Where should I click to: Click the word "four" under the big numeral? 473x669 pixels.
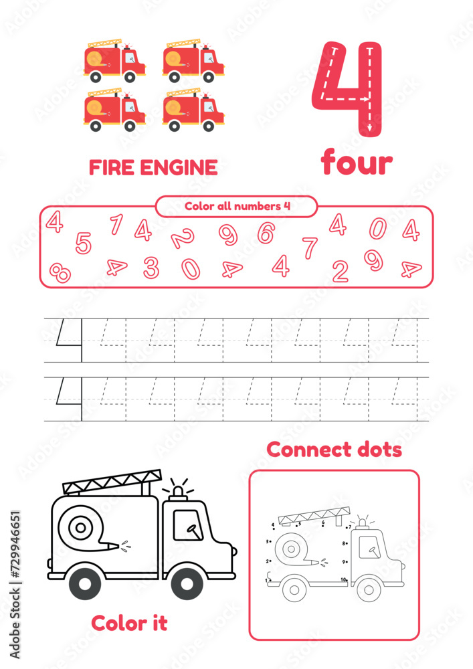coord(356,163)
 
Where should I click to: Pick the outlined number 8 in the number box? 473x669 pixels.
coord(60,272)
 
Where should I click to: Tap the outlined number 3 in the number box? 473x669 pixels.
coord(151,268)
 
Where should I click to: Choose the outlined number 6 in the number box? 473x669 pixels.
coord(266,233)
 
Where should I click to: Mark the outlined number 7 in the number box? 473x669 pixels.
coord(309,248)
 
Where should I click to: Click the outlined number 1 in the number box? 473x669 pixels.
coord(116,225)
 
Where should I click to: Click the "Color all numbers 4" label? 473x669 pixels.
coord(237,206)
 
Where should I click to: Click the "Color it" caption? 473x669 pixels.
coord(129,623)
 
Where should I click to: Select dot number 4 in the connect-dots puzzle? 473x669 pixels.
coord(274,527)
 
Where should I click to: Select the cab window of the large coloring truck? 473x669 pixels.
coord(188,524)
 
